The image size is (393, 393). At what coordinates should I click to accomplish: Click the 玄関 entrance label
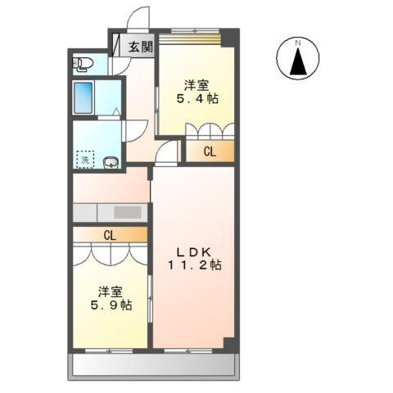[x=138, y=47]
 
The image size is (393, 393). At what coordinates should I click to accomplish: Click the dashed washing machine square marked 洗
[x=85, y=160]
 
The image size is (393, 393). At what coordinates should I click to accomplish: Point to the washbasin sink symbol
[x=111, y=163]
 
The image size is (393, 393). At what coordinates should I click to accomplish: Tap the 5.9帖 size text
[x=111, y=305]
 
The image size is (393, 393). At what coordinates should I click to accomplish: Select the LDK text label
[x=195, y=251]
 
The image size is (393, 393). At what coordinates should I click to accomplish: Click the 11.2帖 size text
[x=195, y=265]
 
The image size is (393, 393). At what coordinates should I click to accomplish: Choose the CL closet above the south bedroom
[x=110, y=235]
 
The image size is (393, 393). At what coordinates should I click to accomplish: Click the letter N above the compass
[x=300, y=42]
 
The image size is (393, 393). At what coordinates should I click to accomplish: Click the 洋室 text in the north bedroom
[x=196, y=84]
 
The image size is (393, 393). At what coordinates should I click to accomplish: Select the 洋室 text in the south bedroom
[x=111, y=291]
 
